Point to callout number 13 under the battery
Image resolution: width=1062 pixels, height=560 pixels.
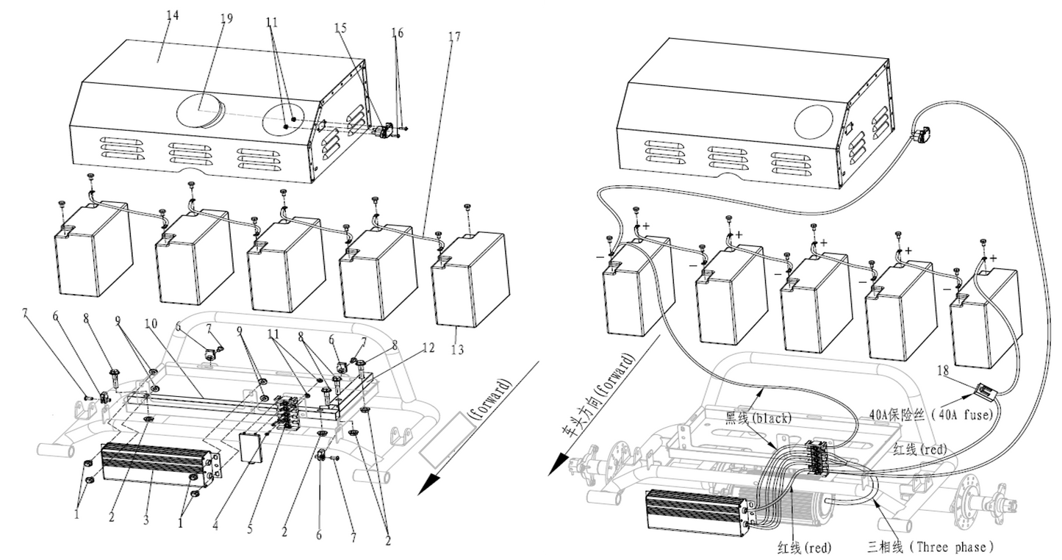coord(457,350)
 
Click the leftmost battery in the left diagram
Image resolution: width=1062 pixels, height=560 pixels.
coord(94,254)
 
